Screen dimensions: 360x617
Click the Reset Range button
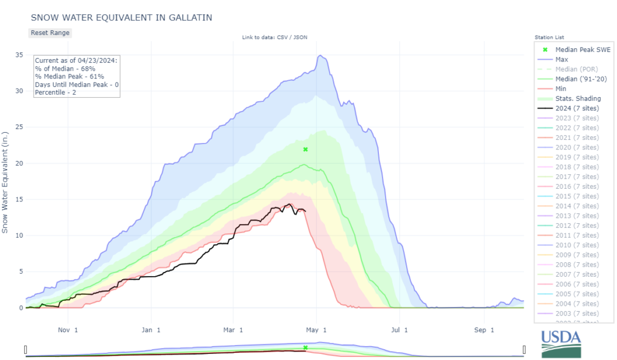click(x=50, y=33)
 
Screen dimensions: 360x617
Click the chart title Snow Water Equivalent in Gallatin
click(x=121, y=17)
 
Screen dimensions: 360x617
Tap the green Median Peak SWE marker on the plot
click(x=305, y=149)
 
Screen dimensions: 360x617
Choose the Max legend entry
click(x=562, y=60)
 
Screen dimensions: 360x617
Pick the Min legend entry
click(x=561, y=89)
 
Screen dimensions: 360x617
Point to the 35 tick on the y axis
click(x=19, y=55)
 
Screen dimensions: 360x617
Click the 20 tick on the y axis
click(x=19, y=163)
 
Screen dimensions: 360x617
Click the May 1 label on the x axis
click(x=316, y=330)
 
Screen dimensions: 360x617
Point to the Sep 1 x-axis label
click(x=484, y=330)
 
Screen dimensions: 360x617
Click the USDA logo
click(x=561, y=344)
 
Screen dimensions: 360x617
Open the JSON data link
click(x=299, y=38)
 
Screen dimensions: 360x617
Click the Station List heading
click(x=549, y=37)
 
